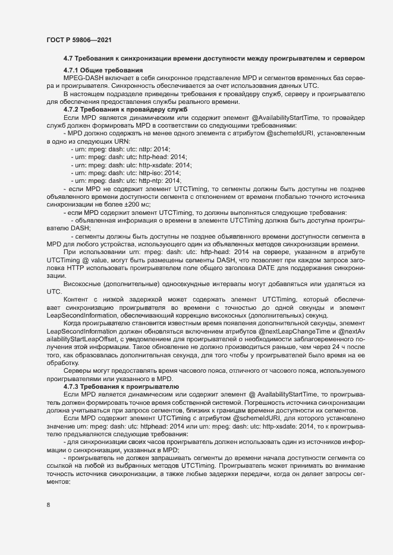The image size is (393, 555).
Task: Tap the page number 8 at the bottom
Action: (48, 505)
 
